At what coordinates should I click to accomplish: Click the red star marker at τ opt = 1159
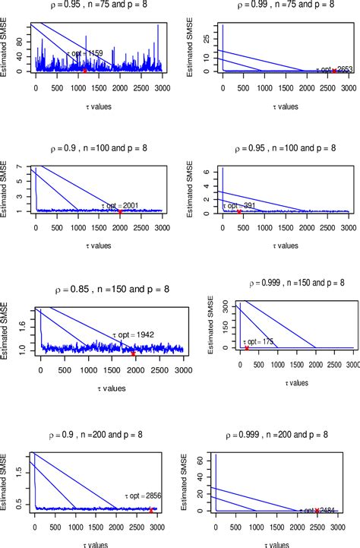[x=86, y=69]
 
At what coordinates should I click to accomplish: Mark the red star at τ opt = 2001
[x=119, y=212]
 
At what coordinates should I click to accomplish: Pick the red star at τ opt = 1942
[x=133, y=353]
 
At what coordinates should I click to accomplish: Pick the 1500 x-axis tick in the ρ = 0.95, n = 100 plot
[x=284, y=227]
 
